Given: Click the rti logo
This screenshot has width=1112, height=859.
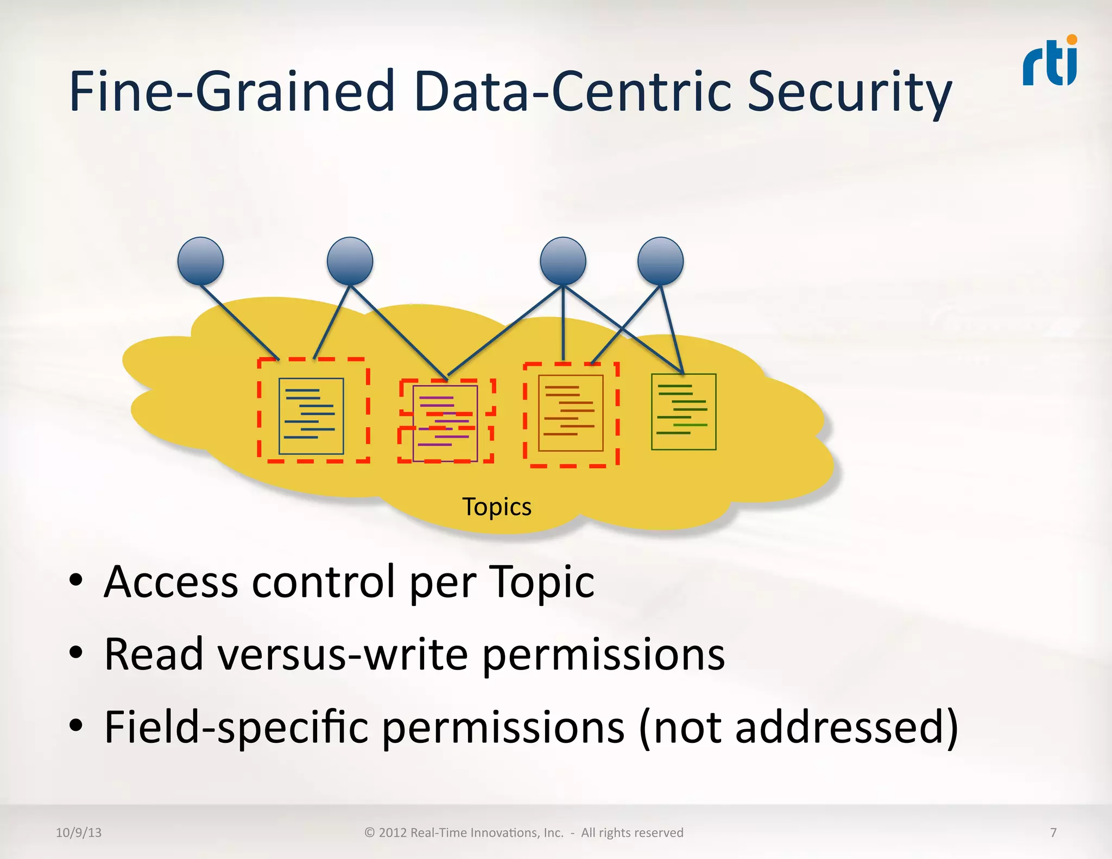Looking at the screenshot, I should [x=1050, y=62].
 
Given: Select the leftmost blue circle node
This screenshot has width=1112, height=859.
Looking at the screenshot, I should [x=200, y=261].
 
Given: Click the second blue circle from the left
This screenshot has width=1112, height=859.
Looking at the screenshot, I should [x=350, y=261].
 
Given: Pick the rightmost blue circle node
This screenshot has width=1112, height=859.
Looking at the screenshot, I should [x=660, y=261].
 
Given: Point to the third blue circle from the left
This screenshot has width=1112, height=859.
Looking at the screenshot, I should [x=563, y=261].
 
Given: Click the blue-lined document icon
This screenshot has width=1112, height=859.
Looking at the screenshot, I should [x=311, y=415].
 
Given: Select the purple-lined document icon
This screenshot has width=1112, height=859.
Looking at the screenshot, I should [x=445, y=423].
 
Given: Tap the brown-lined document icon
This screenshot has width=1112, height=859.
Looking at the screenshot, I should [x=571, y=413].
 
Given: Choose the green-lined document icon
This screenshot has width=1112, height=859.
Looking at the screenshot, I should [x=684, y=412].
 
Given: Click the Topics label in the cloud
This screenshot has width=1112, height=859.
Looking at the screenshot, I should [x=497, y=507].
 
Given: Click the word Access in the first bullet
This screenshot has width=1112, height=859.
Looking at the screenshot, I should [x=171, y=582].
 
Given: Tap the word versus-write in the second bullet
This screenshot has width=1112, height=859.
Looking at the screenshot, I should [x=343, y=654].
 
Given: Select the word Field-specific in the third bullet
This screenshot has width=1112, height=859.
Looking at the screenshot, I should [x=236, y=727].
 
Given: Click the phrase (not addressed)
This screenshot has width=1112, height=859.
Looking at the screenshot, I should [x=798, y=727].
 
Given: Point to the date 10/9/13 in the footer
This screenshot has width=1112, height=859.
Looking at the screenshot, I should [x=79, y=832].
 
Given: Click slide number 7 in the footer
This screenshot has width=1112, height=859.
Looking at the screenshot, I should [x=1053, y=832].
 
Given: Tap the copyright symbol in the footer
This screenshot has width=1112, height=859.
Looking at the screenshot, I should [x=370, y=833].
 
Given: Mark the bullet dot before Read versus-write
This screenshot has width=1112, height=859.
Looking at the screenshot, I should [x=76, y=653].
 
